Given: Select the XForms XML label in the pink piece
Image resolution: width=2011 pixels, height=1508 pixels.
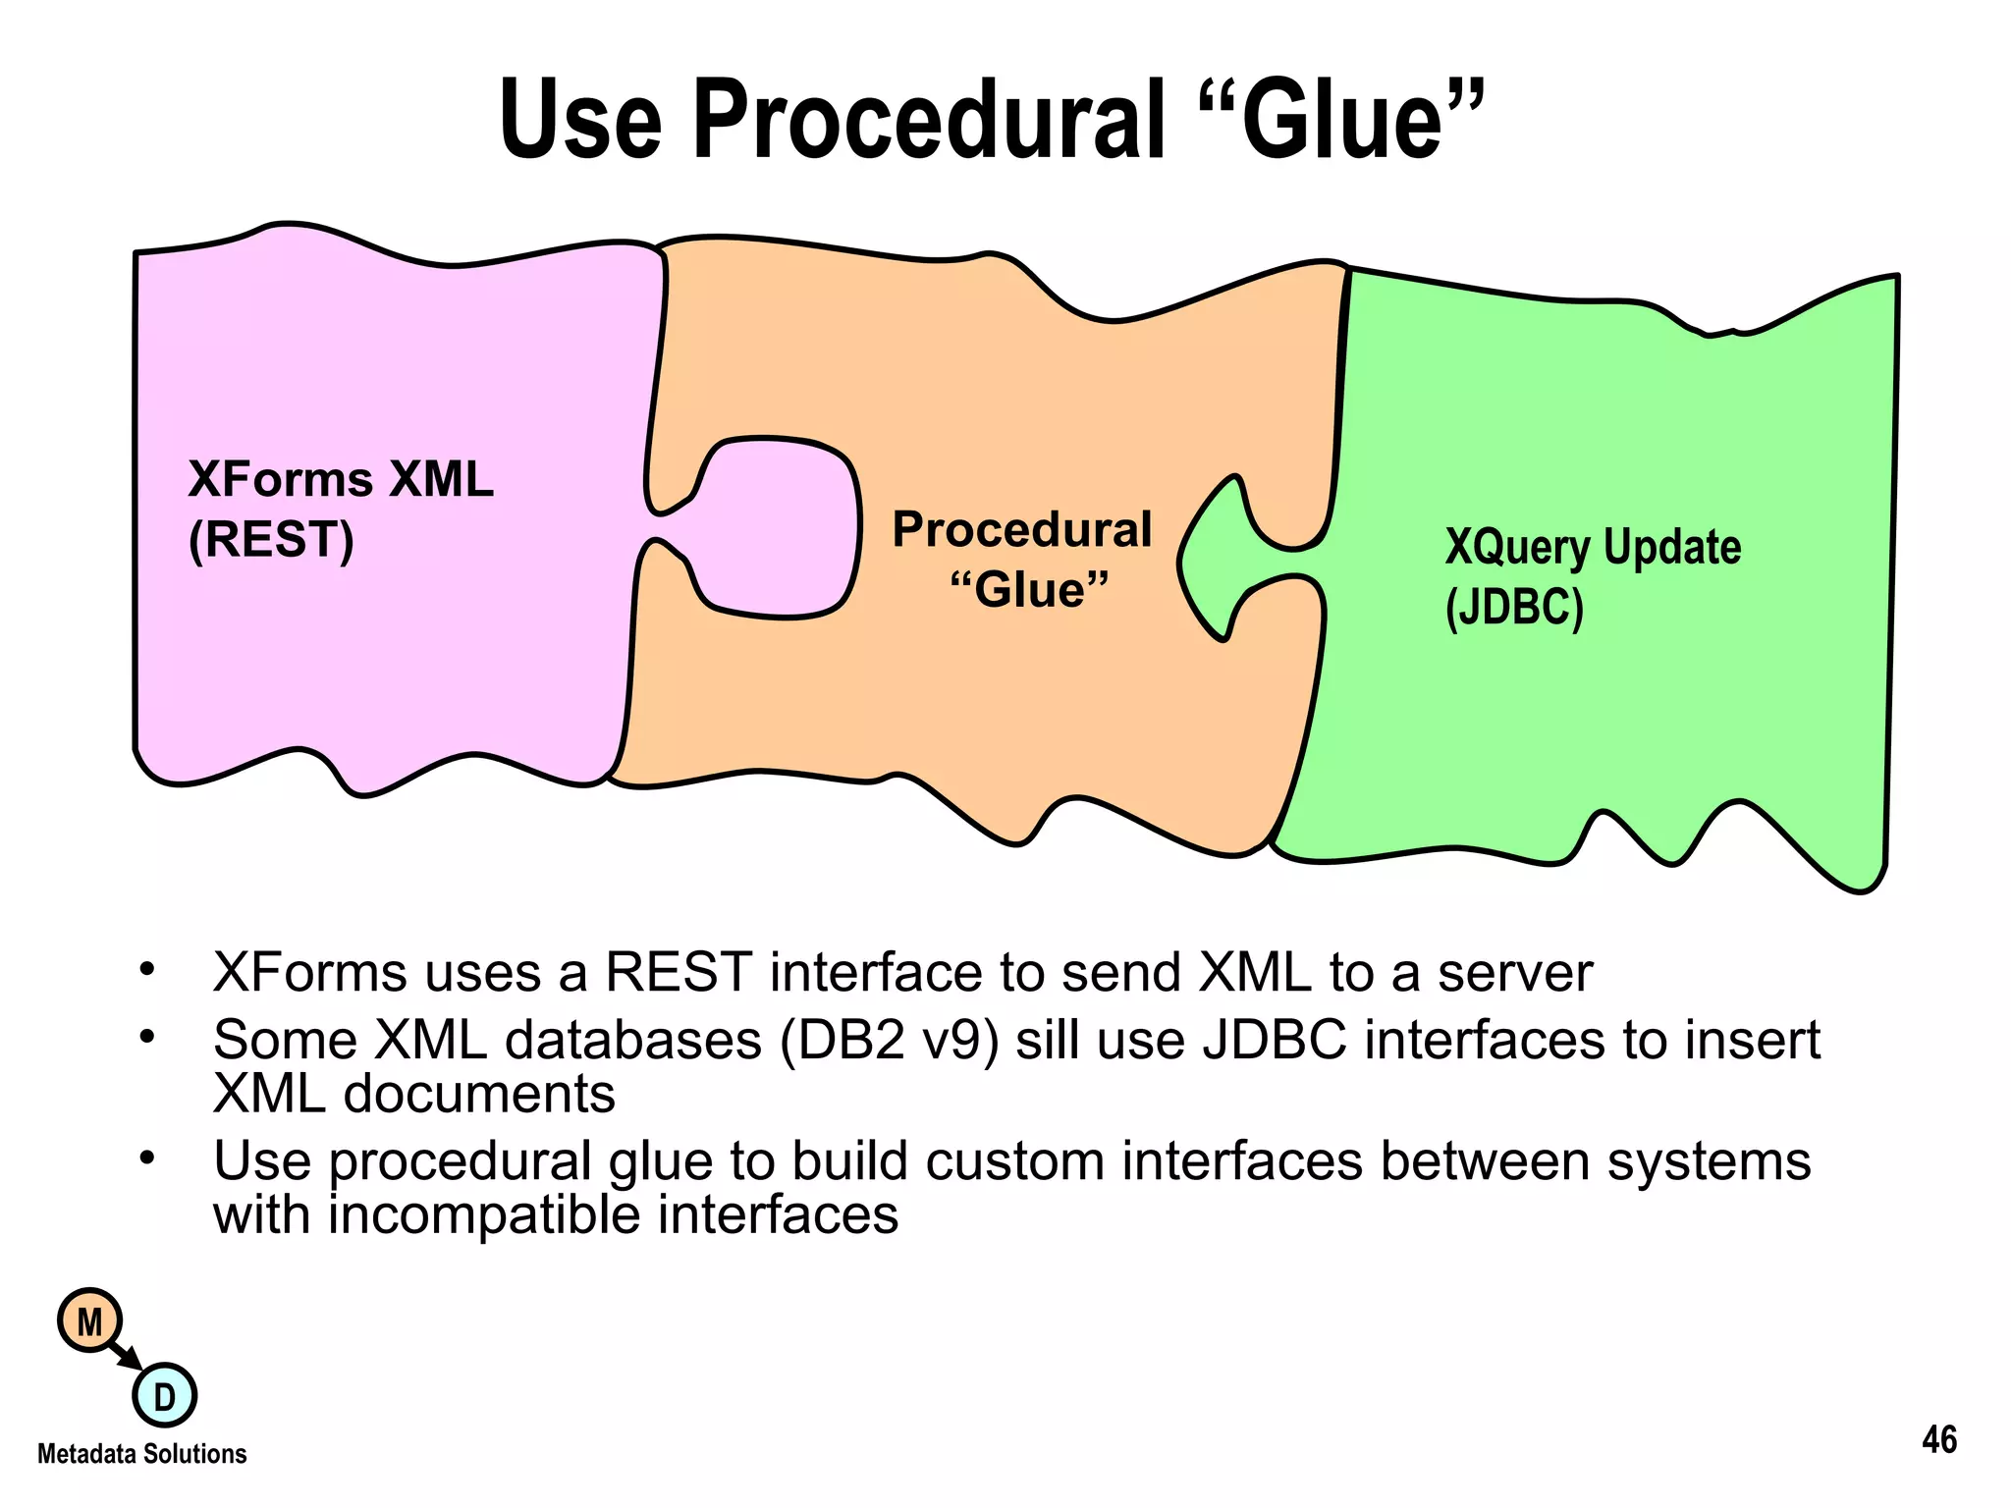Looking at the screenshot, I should [340, 480].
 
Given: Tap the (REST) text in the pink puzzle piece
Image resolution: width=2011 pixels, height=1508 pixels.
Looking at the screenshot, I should [271, 540].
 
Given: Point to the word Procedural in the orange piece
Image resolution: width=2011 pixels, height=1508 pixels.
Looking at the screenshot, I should [1021, 530].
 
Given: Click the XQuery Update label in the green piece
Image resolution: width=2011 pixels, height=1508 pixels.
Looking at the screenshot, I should [1592, 547].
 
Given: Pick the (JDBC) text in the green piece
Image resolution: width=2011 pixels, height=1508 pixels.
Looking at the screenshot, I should [1513, 607].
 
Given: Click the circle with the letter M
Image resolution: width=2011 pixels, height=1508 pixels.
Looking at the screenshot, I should [89, 1321].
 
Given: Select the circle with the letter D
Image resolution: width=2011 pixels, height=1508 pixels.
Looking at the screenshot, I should [164, 1395].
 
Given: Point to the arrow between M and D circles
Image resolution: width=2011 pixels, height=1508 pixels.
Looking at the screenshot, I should [127, 1357].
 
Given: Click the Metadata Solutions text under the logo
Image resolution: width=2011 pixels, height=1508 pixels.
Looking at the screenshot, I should [141, 1454].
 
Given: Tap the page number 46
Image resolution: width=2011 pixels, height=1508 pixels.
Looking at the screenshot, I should [1938, 1440].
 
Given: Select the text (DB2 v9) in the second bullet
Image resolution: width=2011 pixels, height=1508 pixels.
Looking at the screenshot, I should [890, 1040].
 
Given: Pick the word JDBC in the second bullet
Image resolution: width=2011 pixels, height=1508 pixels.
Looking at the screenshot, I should [1274, 1040].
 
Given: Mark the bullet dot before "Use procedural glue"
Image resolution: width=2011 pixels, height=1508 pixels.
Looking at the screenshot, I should [147, 1158].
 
